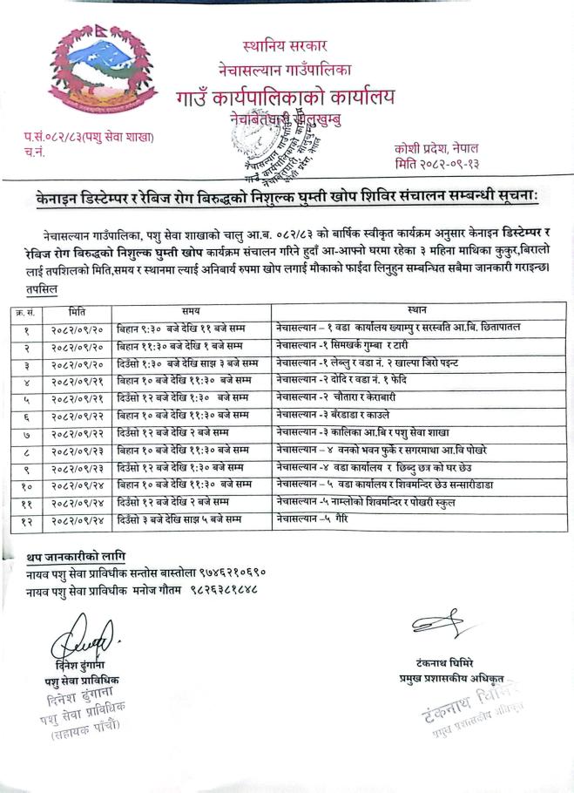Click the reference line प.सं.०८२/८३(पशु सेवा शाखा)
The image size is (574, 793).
coord(89,137)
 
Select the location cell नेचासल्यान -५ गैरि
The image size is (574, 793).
coord(306,520)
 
